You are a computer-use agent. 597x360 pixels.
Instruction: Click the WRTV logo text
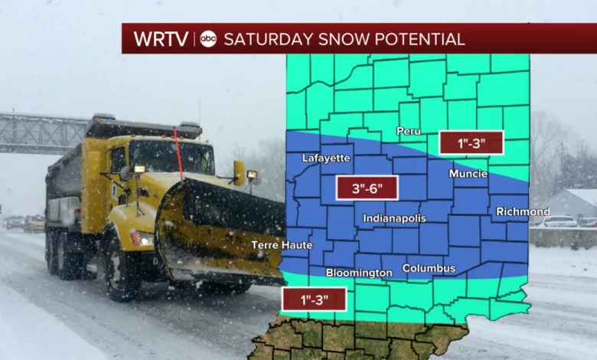tap(162, 38)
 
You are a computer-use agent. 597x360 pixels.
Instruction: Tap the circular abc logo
tap(208, 38)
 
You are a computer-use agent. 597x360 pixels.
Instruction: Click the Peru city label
tap(408, 131)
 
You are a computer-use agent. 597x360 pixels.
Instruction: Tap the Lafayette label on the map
tap(327, 159)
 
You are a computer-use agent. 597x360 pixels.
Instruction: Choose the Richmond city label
tap(522, 211)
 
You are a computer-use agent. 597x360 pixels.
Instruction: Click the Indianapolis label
tap(394, 218)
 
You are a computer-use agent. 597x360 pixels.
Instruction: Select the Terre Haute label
tap(282, 245)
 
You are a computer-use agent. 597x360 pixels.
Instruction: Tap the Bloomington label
tap(359, 273)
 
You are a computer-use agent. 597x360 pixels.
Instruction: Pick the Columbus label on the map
tap(429, 268)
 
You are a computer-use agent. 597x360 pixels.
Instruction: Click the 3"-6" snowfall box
tap(366, 188)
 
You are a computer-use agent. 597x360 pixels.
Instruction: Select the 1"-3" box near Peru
tap(471, 142)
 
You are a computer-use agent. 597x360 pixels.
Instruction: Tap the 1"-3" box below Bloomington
tap(314, 299)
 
